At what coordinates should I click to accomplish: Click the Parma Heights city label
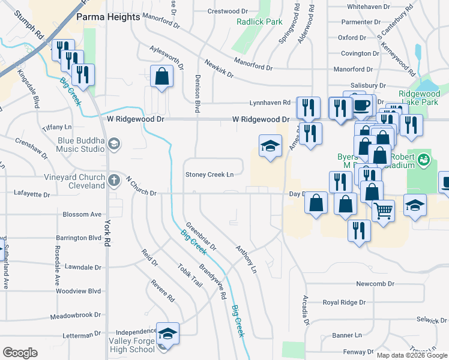tap(108, 17)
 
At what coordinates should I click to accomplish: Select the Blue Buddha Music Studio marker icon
tap(114, 144)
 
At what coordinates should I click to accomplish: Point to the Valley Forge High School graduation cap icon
tap(167, 333)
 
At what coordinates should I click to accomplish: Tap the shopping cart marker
tap(383, 210)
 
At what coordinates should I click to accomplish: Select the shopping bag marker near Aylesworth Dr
tap(161, 76)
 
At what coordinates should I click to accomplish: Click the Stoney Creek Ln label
tap(209, 175)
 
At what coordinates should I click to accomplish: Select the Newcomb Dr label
tap(375, 283)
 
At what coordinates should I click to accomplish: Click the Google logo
tap(20, 353)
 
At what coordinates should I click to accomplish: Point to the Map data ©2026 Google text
tap(411, 355)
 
